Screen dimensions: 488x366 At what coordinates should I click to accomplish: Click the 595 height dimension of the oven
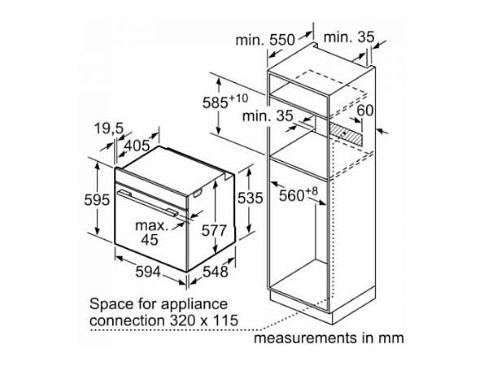[97, 200]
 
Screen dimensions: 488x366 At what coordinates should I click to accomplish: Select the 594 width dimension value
[148, 272]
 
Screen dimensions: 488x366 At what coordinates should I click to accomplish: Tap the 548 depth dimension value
[216, 272]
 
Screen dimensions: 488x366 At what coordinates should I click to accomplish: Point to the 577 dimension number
[214, 231]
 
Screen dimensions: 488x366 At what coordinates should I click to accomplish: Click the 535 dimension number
[251, 198]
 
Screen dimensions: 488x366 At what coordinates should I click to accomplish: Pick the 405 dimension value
[137, 146]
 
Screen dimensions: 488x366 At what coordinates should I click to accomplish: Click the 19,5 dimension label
[109, 129]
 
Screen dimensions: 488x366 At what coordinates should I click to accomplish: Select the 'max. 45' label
[151, 233]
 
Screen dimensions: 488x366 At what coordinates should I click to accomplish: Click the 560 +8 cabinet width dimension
[298, 194]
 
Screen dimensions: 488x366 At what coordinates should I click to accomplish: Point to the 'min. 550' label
[265, 40]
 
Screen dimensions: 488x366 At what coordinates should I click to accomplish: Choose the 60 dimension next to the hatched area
[364, 110]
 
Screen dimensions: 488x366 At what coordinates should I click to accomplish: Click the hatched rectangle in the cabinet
[346, 134]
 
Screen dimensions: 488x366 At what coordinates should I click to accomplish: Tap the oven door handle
[148, 203]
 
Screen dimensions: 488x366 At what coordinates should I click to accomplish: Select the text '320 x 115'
[204, 320]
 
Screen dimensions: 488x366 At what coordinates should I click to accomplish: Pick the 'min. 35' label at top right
[349, 37]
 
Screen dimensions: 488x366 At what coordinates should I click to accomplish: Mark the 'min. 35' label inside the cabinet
[268, 116]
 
